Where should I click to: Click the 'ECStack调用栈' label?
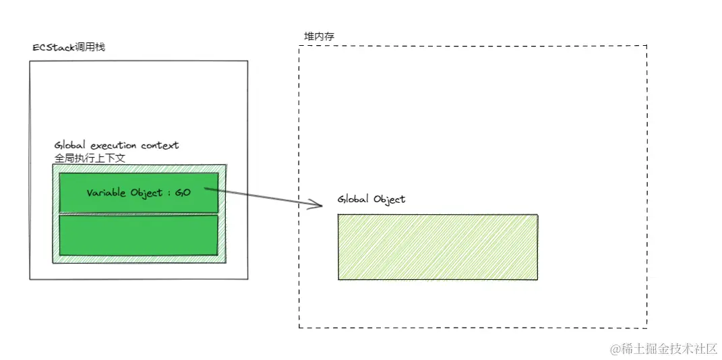(69, 48)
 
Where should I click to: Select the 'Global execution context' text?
(117, 145)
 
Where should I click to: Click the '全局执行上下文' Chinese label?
(90, 158)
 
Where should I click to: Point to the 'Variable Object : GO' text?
(139, 192)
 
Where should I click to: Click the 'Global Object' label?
(371, 200)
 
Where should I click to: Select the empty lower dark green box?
(139, 235)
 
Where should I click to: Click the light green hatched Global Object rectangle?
(438, 247)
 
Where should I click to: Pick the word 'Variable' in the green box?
(105, 192)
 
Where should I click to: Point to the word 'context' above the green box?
(160, 145)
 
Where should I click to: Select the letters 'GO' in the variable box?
(183, 192)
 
